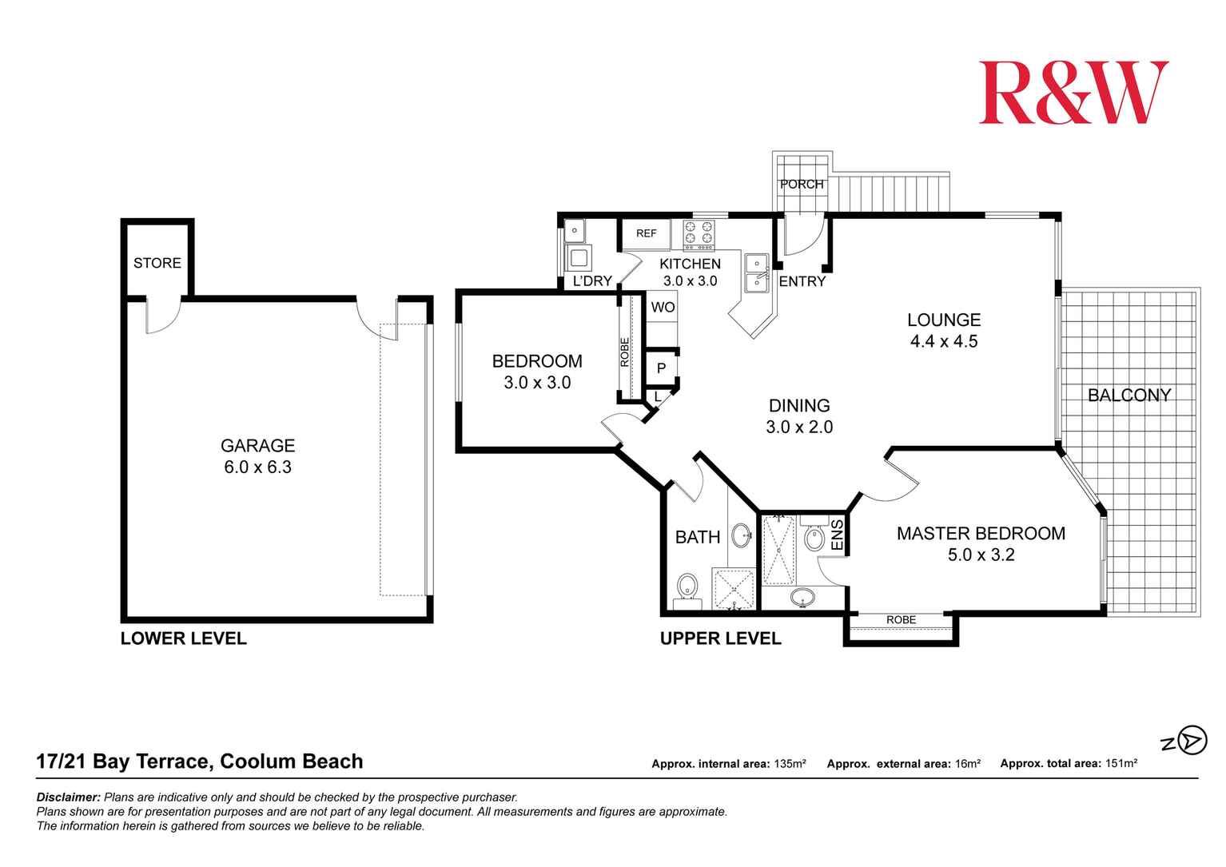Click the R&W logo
point(1073,93)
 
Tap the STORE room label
point(157,263)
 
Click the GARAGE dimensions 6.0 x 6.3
point(257,467)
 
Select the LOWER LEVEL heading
point(183,638)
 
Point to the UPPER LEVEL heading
point(720,638)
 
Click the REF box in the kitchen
point(647,233)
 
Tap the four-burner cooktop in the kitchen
point(699,233)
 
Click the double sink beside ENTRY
point(756,273)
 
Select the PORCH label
point(802,185)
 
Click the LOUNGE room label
point(944,320)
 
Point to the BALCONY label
point(1128,395)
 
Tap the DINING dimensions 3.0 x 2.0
point(799,428)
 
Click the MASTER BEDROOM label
point(981,534)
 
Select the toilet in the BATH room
point(687,588)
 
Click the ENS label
point(838,535)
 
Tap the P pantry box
point(661,368)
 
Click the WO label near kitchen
point(663,307)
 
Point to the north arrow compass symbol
point(1191,740)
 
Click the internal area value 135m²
point(790,764)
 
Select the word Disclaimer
point(69,797)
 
